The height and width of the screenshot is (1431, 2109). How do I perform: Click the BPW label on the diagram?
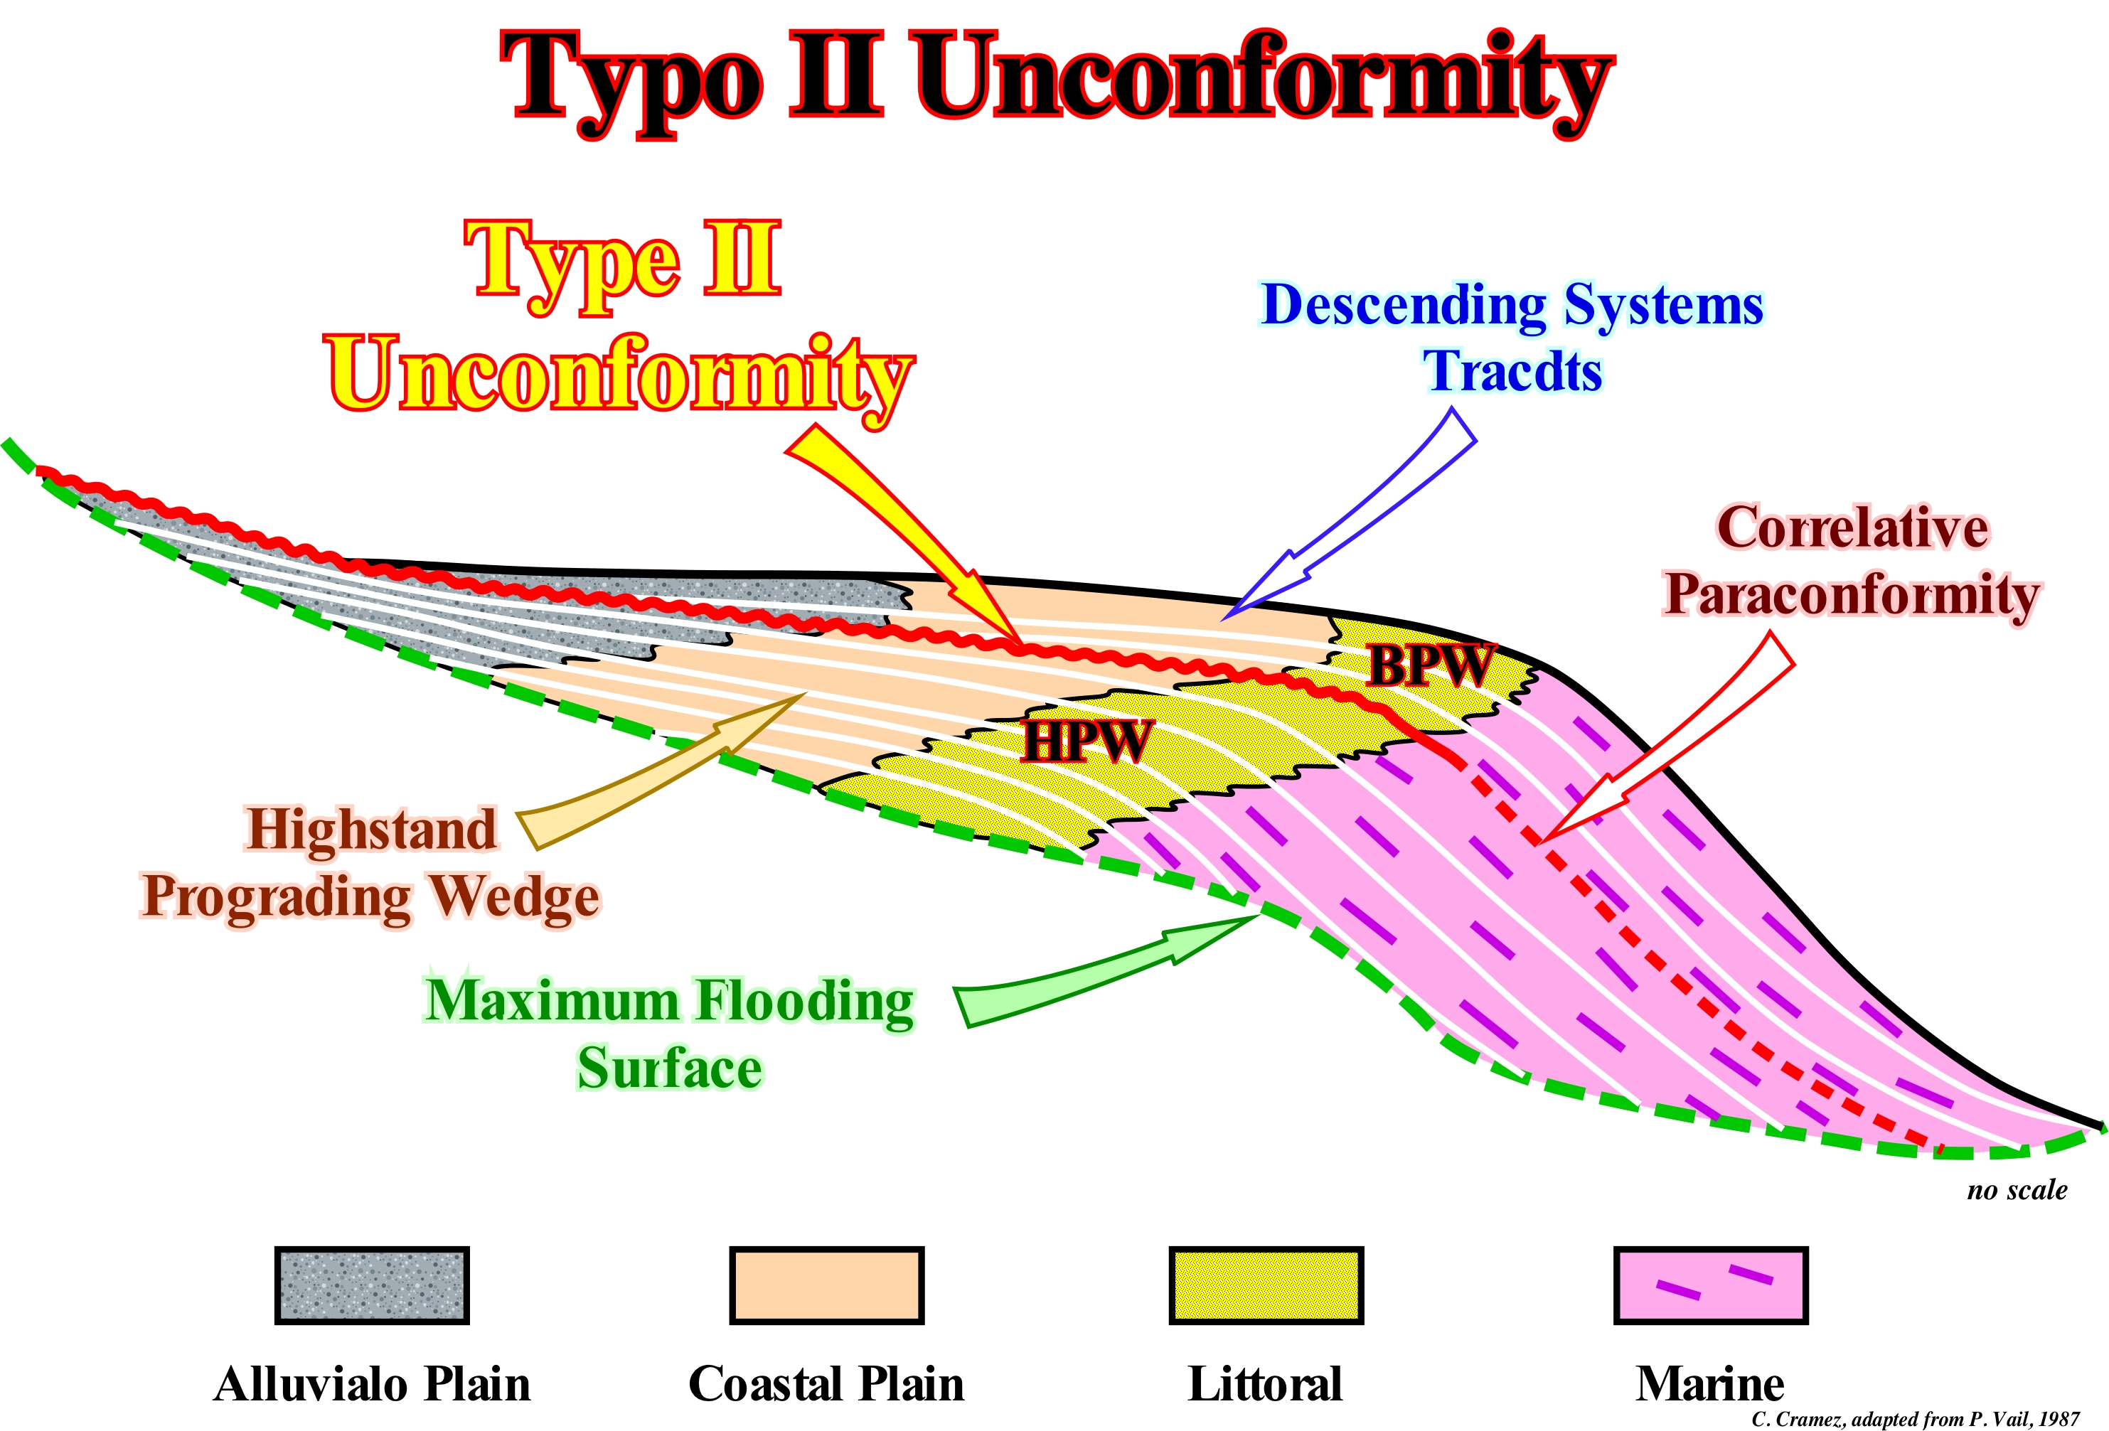coord(1430,666)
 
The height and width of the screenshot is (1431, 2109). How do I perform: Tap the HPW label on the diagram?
coord(1087,741)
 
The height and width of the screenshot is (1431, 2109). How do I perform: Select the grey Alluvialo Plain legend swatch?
coord(372,1285)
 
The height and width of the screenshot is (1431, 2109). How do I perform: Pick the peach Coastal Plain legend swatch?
coord(827,1285)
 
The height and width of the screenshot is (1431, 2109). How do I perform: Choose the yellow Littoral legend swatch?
coord(1266,1285)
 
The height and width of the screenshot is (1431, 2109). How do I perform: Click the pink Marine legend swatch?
coord(1711,1285)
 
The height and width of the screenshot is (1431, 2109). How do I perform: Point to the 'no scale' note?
coord(2017,1189)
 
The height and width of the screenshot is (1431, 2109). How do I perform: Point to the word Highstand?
coord(372,830)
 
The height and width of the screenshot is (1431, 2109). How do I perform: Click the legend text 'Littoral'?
coord(1265,1384)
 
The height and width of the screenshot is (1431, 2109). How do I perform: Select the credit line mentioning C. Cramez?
coord(1915,1418)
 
